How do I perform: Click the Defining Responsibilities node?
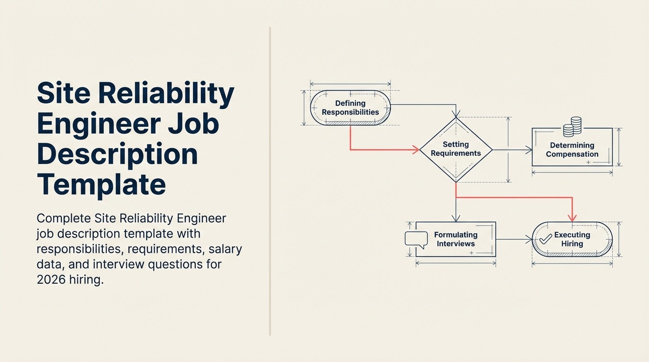pyautogui.click(x=350, y=108)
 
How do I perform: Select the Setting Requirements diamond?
pyautogui.click(x=456, y=149)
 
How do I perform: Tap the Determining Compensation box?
pyautogui.click(x=572, y=149)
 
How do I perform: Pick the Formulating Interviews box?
pyautogui.click(x=456, y=239)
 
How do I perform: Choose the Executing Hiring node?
pyautogui.click(x=572, y=239)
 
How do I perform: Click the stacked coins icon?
pyautogui.click(x=573, y=127)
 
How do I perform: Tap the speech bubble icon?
pyautogui.click(x=416, y=239)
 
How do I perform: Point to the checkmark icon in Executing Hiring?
pyautogui.click(x=545, y=239)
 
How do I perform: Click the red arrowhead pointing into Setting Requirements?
pyautogui.click(x=416, y=150)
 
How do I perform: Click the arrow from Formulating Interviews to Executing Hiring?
pyautogui.click(x=514, y=239)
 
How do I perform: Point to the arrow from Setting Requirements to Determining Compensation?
pyautogui.click(x=512, y=150)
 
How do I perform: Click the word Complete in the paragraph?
pyautogui.click(x=63, y=219)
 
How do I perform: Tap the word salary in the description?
pyautogui.click(x=225, y=249)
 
